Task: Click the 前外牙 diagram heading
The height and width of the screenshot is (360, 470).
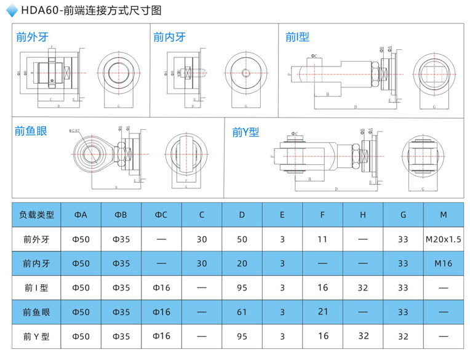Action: pyautogui.click(x=32, y=37)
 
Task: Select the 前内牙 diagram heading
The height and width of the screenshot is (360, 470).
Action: pyautogui.click(x=169, y=37)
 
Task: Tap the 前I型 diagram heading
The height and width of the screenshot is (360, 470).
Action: pyautogui.click(x=297, y=37)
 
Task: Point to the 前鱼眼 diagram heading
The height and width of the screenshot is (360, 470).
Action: pyautogui.click(x=31, y=130)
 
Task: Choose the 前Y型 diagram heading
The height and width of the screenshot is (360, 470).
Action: pyautogui.click(x=246, y=132)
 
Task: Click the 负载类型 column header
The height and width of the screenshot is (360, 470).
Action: pyautogui.click(x=37, y=215)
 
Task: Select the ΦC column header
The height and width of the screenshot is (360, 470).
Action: pyautogui.click(x=161, y=215)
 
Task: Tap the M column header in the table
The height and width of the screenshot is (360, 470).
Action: pyautogui.click(x=443, y=215)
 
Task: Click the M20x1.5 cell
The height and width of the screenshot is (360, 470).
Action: pyautogui.click(x=443, y=239)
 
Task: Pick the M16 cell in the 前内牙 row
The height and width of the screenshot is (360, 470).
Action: pyautogui.click(x=443, y=263)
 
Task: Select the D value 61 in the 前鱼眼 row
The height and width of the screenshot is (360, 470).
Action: pyautogui.click(x=242, y=312)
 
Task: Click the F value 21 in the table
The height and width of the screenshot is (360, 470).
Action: pyautogui.click(x=323, y=312)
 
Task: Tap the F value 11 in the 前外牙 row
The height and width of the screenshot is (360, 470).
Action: pyautogui.click(x=323, y=239)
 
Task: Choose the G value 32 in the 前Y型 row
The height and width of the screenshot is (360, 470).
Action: pyautogui.click(x=403, y=336)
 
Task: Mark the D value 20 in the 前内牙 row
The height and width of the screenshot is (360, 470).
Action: pyautogui.click(x=242, y=263)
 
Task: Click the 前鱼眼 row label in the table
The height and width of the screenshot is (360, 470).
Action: pyautogui.click(x=36, y=312)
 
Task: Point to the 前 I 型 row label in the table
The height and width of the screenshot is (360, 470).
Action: pyautogui.click(x=36, y=287)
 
